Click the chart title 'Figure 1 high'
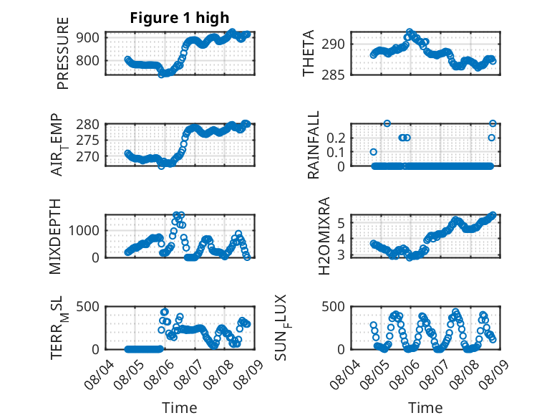(x=180, y=18)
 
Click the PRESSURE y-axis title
(x=62, y=53)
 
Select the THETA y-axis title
(x=309, y=53)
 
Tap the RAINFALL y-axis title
(x=314, y=145)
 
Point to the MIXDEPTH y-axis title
(x=55, y=237)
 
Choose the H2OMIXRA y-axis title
(x=324, y=236)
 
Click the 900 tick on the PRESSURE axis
(x=87, y=37)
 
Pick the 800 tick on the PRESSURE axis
(x=87, y=60)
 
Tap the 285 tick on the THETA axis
(x=333, y=75)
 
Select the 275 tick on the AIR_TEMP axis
(x=87, y=141)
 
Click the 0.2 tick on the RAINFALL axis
(x=336, y=138)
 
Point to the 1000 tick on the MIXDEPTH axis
(x=84, y=231)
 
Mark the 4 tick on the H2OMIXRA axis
(x=341, y=239)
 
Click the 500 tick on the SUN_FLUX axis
(x=333, y=307)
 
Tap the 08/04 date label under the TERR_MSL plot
(x=99, y=375)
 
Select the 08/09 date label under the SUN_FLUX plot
(x=494, y=375)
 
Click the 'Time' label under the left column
(x=180, y=407)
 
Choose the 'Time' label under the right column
(x=425, y=407)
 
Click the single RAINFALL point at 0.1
(x=373, y=152)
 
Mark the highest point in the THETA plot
(x=410, y=32)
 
